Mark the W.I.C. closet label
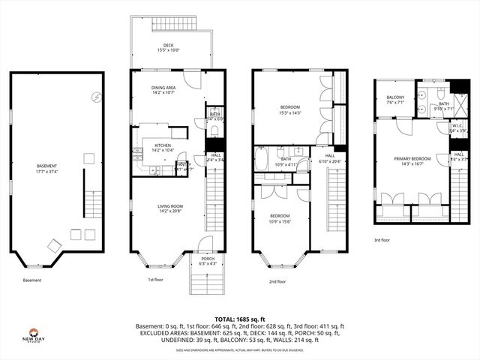coord(457,128)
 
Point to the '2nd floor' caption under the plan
coord(277,281)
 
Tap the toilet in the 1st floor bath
coord(214,130)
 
